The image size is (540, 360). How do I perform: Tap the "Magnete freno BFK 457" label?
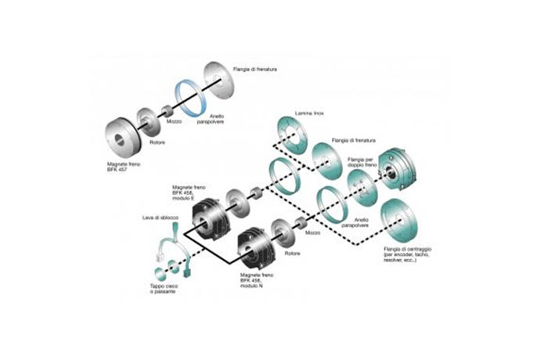[x=123, y=169]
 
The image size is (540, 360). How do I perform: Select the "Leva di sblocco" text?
[x=157, y=215]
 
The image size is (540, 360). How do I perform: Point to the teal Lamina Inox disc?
[x=294, y=134]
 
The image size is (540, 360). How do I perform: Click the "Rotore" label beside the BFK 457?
[x=157, y=142]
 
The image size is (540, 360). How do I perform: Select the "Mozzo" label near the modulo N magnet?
[x=311, y=234]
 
